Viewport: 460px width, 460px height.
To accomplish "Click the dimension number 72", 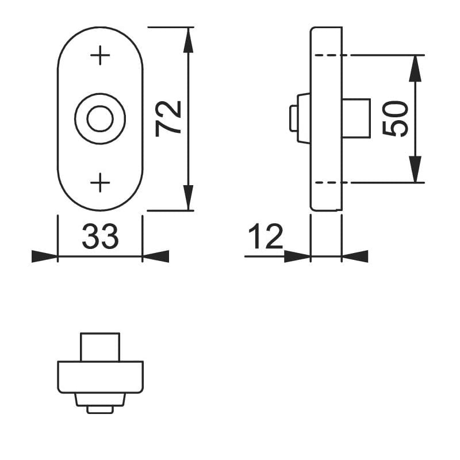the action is [x=168, y=118].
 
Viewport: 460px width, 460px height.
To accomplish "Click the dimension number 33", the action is [x=100, y=236].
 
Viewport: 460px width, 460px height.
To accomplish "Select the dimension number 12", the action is [x=266, y=236].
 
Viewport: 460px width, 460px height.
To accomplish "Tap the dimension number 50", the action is [x=395, y=118].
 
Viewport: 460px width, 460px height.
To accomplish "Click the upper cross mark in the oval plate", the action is [x=100, y=55].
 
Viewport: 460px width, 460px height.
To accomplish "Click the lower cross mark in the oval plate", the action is [x=100, y=182].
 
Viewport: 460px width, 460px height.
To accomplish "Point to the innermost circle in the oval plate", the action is [x=100, y=118].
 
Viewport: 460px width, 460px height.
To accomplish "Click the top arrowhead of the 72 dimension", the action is [x=188, y=40].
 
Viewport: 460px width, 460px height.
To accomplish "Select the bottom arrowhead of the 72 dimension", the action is [x=188, y=198].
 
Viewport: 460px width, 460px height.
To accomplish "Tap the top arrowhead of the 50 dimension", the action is [x=415, y=68].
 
